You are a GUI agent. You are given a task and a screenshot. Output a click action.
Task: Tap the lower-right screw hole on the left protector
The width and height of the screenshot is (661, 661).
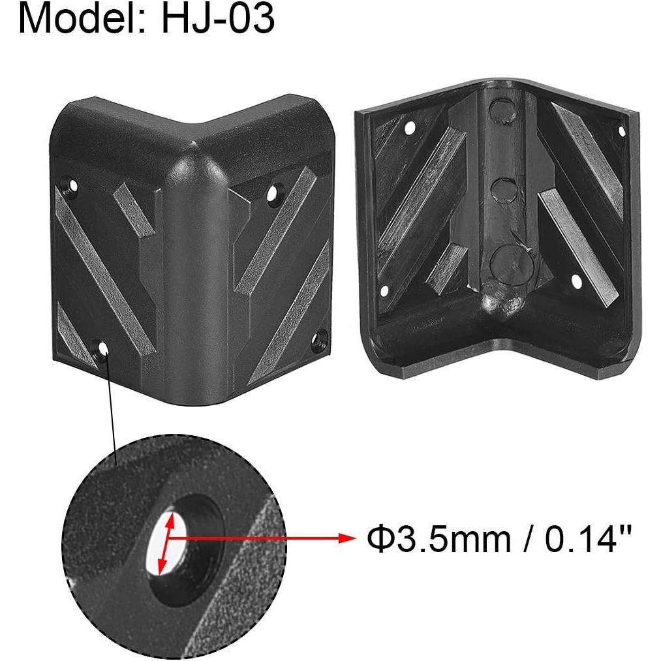tap(319, 339)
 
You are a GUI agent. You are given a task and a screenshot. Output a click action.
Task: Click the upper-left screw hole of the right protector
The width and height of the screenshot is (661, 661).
tap(410, 128)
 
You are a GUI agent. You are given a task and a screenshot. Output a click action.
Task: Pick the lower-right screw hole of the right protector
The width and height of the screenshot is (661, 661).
tap(577, 282)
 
